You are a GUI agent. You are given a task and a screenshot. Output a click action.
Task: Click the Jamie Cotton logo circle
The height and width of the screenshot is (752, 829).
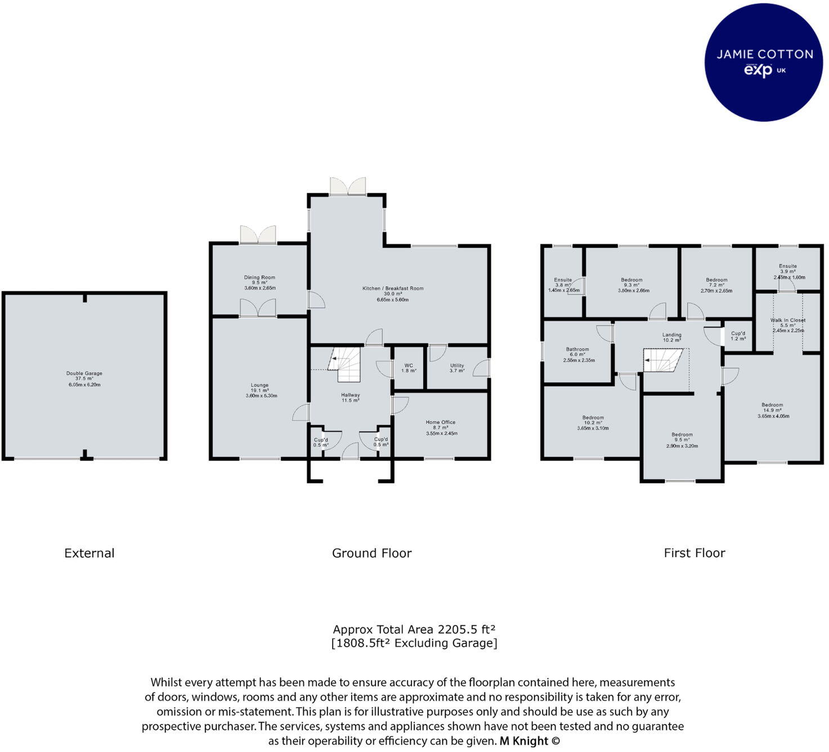[x=764, y=62]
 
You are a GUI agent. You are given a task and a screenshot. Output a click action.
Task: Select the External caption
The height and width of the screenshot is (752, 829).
[x=89, y=553]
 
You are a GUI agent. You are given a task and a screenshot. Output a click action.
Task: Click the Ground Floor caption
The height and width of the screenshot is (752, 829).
[x=371, y=553]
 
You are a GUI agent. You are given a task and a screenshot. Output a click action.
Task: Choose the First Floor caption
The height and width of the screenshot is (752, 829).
[x=694, y=553]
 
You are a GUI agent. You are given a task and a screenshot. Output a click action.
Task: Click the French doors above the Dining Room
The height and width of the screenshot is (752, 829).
[x=258, y=235]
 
